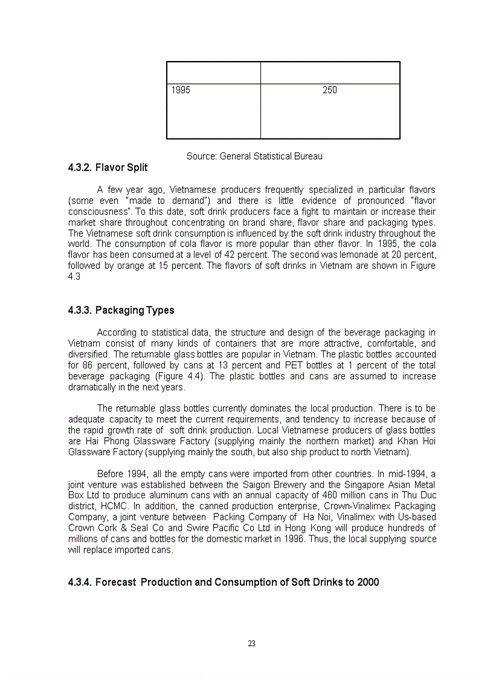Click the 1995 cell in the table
tap(181, 91)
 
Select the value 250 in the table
tap(330, 91)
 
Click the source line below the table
tap(254, 156)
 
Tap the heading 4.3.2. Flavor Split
tap(108, 167)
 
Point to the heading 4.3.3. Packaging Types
tap(121, 310)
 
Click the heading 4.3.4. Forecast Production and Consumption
tap(224, 582)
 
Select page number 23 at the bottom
tap(251, 643)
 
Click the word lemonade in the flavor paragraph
tap(360, 255)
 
